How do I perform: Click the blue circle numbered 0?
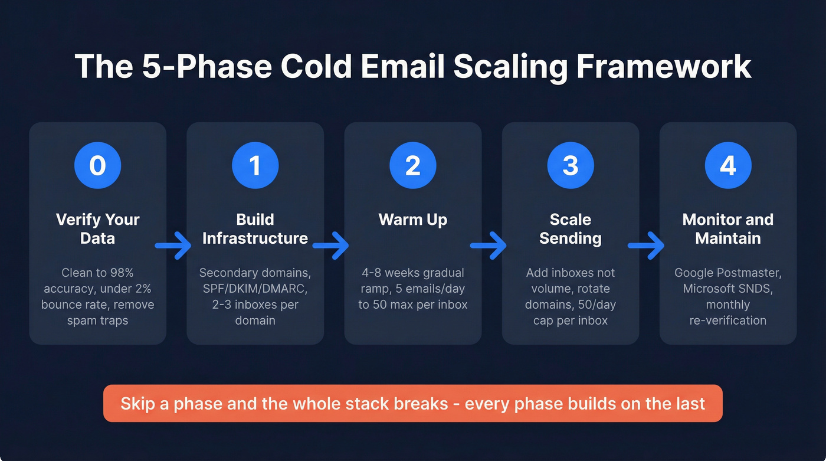click(97, 166)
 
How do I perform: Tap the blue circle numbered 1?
click(255, 166)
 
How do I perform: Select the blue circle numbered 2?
click(412, 166)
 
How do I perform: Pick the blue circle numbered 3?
click(570, 166)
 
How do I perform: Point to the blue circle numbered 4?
click(727, 166)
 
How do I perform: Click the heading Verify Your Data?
click(97, 229)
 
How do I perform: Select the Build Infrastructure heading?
click(255, 229)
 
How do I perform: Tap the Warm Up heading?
click(412, 220)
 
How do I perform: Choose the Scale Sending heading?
click(570, 229)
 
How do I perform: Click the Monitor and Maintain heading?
click(727, 229)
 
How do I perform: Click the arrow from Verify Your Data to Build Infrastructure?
click(174, 245)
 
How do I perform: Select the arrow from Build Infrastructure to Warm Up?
click(332, 245)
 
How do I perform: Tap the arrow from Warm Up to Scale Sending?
click(489, 245)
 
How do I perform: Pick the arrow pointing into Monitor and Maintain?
click(647, 245)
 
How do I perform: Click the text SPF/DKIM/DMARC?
click(255, 289)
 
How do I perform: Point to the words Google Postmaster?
click(727, 273)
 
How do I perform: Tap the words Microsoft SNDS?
click(727, 289)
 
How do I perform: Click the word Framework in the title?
click(664, 67)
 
